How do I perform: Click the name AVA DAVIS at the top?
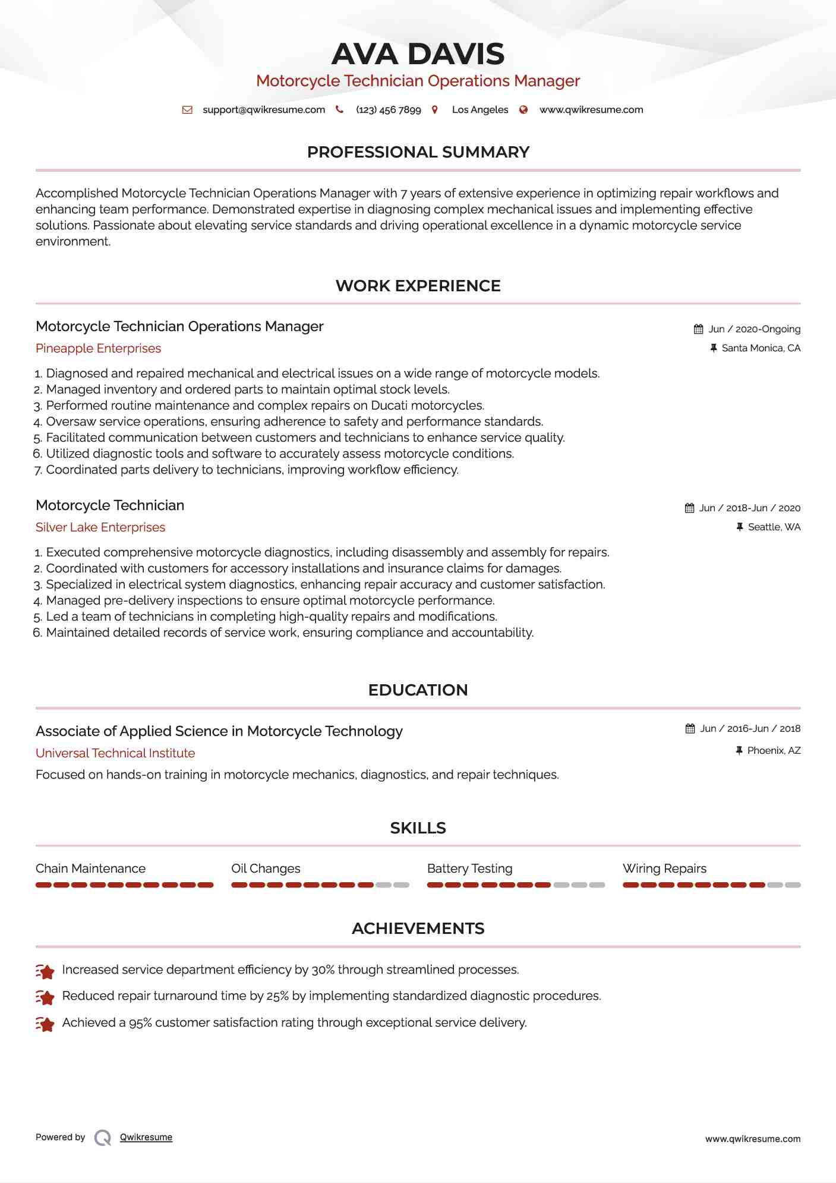coord(418,54)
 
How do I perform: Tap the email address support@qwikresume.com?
coord(264,110)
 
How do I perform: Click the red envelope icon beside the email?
coord(187,110)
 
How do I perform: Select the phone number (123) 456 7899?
coord(388,110)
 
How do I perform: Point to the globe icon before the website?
coord(523,110)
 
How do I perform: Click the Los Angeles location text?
coord(479,110)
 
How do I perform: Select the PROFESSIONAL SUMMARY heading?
coord(418,152)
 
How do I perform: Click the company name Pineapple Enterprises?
coord(98,348)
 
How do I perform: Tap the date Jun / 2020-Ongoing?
coord(754,329)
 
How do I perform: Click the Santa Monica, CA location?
coord(761,348)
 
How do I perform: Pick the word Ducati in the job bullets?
coord(389,405)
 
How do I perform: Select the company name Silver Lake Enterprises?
coord(100,527)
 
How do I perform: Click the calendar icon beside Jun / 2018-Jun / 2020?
coord(689,508)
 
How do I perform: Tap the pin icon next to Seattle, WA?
coord(740,527)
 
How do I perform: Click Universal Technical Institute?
coord(115,753)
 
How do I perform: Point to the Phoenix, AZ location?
coord(774,751)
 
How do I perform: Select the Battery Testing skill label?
coord(469,869)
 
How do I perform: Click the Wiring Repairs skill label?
coord(664,869)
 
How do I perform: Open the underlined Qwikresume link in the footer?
coord(146,1137)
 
